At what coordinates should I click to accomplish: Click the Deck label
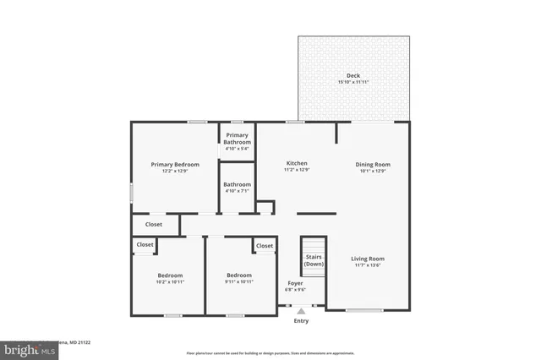353,75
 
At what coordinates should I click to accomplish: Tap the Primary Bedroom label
175,164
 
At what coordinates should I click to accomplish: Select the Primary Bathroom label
238,139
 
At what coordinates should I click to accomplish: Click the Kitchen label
296,163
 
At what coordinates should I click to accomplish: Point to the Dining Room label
373,164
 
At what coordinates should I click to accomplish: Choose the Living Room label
368,259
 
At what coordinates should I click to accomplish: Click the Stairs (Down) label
314,259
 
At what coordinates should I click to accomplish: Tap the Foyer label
295,283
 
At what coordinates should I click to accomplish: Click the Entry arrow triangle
301,312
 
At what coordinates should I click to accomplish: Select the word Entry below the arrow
301,321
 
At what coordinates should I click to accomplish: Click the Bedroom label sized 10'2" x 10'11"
170,275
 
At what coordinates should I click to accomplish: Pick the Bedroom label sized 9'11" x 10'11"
238,275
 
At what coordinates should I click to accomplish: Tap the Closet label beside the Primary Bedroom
154,224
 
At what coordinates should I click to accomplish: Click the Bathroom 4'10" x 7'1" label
238,184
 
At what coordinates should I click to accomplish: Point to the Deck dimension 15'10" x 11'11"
353,82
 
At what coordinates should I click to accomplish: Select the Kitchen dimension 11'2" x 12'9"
296,171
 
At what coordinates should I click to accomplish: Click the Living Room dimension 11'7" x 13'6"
368,265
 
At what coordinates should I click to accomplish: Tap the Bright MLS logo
25,347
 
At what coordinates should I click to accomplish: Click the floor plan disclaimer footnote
270,352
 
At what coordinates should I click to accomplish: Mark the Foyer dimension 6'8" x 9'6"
295,290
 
